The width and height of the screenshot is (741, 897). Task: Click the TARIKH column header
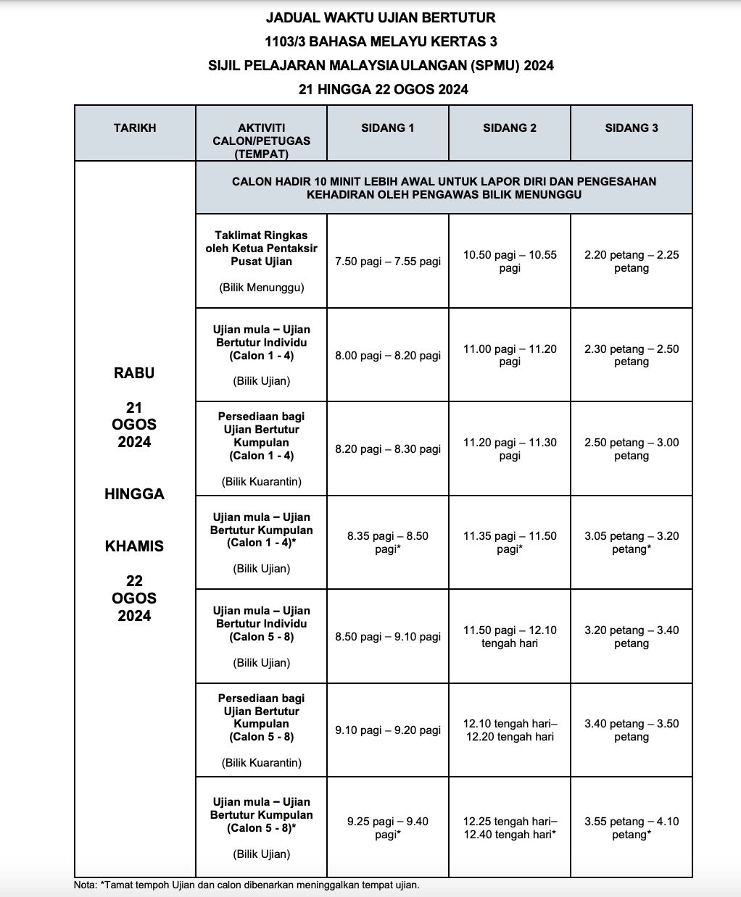(x=135, y=128)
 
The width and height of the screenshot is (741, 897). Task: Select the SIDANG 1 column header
(x=388, y=128)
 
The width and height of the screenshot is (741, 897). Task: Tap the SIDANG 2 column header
(x=510, y=128)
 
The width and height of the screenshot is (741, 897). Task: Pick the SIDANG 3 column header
(x=632, y=128)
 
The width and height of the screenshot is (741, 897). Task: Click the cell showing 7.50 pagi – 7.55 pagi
(x=388, y=262)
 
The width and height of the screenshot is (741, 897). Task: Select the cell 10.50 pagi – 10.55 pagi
(x=510, y=262)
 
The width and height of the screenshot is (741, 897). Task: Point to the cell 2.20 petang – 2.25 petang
(x=632, y=262)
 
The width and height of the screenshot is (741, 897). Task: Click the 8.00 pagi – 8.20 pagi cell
(x=388, y=356)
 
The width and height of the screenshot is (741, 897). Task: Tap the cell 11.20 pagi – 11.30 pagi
(x=510, y=449)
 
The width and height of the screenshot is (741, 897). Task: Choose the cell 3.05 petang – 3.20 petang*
(x=632, y=543)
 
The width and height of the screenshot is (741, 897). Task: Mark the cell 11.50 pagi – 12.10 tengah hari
(x=510, y=637)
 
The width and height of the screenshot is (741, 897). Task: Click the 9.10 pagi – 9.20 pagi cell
(x=388, y=730)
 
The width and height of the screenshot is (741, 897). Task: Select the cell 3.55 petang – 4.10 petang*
(x=632, y=828)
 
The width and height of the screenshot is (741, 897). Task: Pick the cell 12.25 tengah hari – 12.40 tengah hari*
(x=510, y=828)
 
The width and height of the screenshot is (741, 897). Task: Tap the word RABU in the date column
(x=134, y=373)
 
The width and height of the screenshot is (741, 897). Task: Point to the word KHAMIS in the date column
(x=134, y=546)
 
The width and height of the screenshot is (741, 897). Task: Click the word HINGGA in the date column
(x=134, y=494)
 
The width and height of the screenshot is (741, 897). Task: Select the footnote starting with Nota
(x=247, y=885)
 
